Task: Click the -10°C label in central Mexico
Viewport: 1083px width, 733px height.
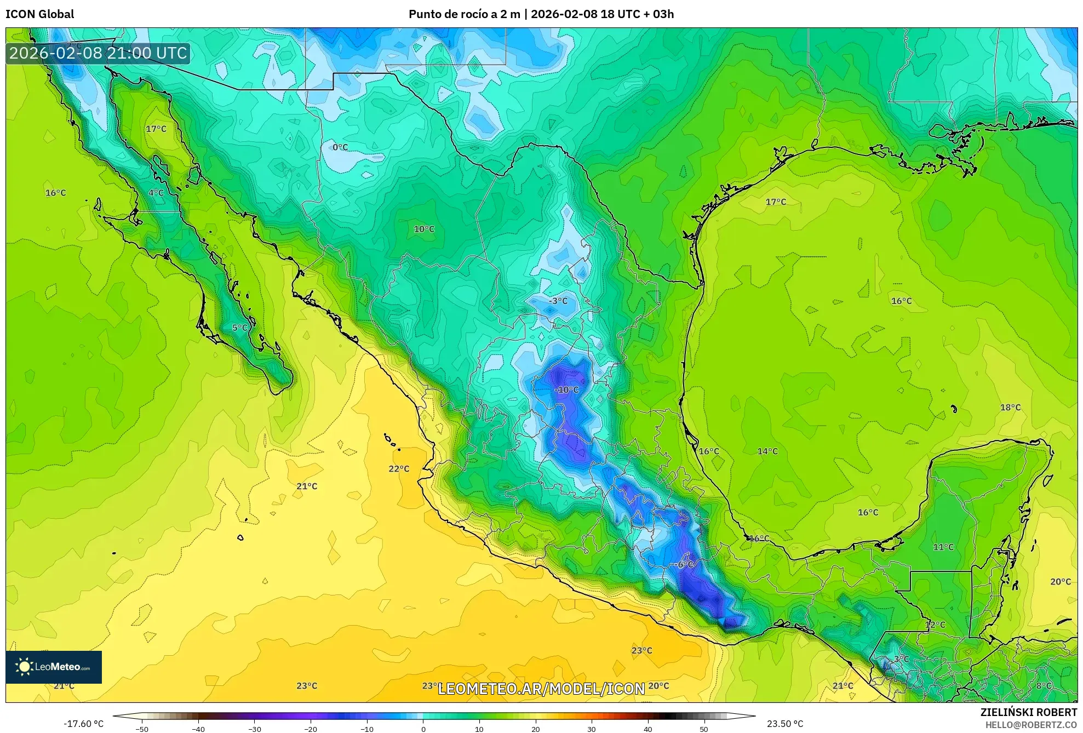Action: [567, 390]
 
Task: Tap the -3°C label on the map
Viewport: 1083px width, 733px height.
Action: [558, 301]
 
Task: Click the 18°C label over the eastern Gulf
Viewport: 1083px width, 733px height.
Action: [1010, 408]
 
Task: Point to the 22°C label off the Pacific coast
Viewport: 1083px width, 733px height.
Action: [399, 469]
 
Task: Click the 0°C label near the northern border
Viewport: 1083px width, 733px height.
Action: [340, 147]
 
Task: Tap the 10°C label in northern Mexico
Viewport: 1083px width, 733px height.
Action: [424, 230]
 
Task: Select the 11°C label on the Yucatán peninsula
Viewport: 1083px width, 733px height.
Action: [943, 547]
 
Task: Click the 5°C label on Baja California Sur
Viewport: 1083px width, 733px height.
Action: [240, 328]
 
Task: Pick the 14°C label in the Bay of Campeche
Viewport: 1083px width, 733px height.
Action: [767, 451]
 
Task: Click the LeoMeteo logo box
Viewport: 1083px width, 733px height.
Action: [54, 667]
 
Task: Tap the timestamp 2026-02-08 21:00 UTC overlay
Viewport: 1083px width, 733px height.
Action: [98, 53]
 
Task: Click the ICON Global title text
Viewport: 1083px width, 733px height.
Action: [39, 14]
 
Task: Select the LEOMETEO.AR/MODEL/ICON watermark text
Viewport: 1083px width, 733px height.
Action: [541, 689]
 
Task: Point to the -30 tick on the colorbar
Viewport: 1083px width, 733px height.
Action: [255, 729]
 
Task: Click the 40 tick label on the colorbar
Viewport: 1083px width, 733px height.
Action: [647, 729]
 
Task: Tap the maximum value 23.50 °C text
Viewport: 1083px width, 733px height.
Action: [785, 724]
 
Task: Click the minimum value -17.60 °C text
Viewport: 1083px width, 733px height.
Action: [83, 724]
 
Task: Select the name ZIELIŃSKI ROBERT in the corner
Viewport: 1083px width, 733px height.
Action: [1028, 712]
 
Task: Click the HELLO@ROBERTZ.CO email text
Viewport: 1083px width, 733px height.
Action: [1031, 725]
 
